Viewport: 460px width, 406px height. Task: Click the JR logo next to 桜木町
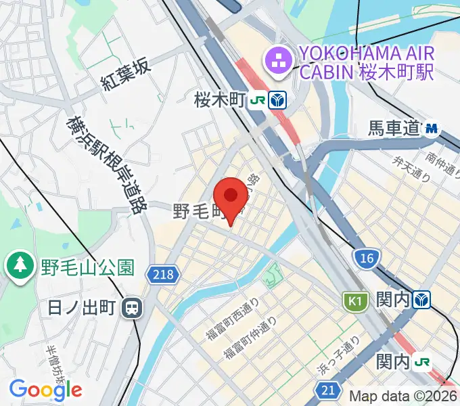coord(257,101)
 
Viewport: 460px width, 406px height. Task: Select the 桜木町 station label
coord(218,101)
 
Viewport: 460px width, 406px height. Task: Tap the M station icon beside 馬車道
coord(432,127)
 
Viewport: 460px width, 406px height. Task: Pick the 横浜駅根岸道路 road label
coord(103,164)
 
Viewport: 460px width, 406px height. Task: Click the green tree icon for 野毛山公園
coord(20,265)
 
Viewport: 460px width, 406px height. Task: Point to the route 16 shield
coord(367,257)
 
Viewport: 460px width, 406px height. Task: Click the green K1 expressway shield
coord(354,299)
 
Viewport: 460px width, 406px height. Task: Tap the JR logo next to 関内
coord(423,362)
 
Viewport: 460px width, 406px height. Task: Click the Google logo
coord(45,389)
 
